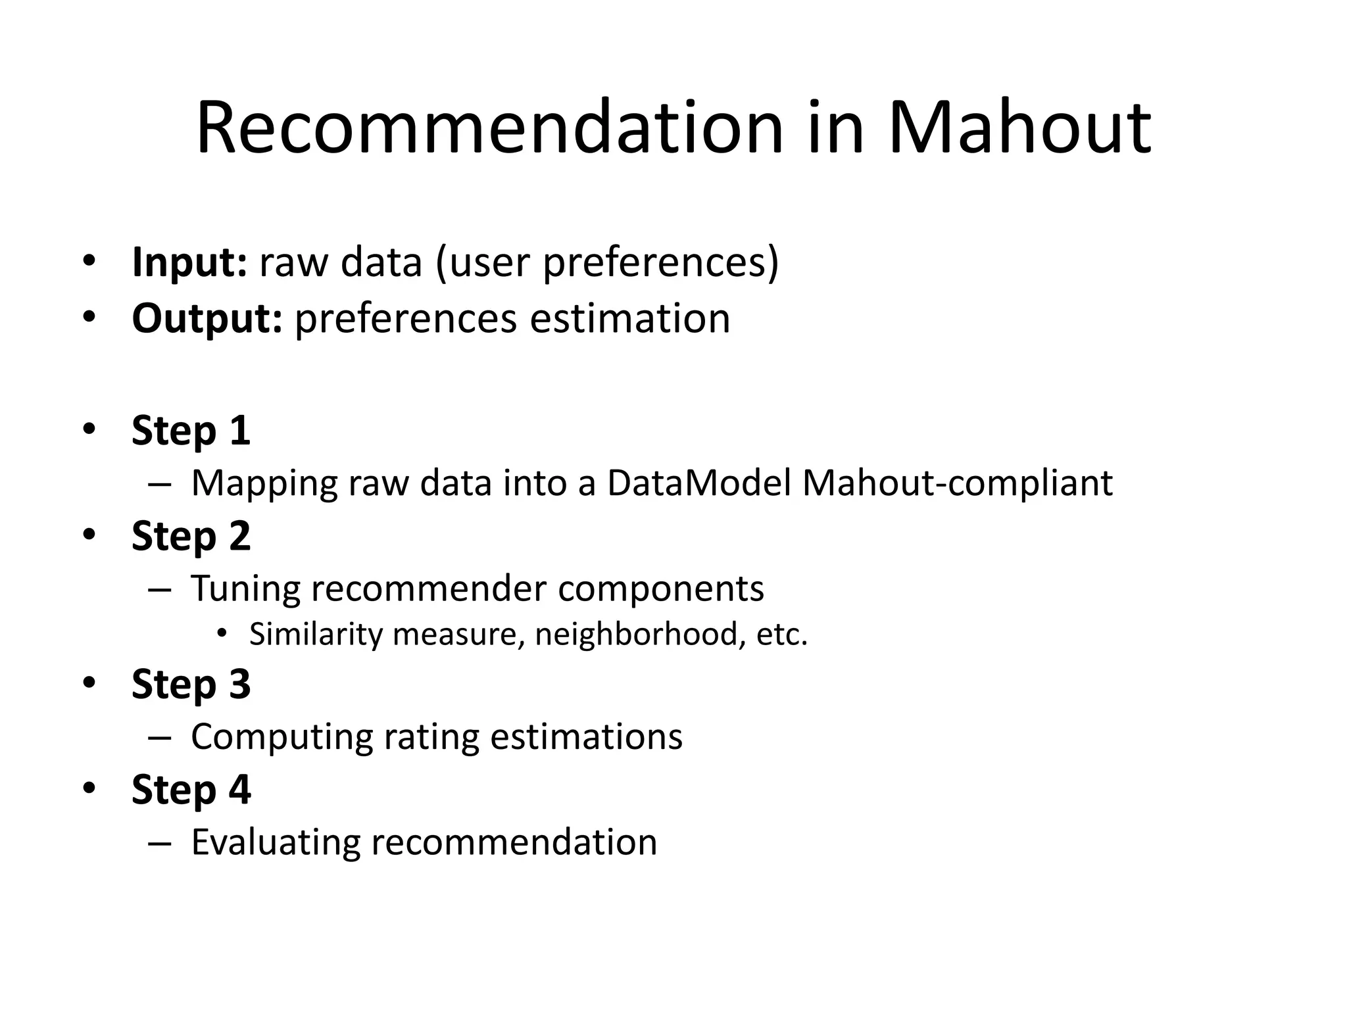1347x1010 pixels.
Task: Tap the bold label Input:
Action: click(189, 262)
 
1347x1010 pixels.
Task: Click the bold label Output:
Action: click(207, 318)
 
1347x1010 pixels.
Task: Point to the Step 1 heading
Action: click(191, 431)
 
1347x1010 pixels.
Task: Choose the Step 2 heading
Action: click(191, 535)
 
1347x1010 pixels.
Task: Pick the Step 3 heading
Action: click(191, 684)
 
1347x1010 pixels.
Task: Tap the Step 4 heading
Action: click(191, 789)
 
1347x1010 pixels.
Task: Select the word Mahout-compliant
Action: click(958, 483)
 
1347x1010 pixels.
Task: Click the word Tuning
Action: click(246, 588)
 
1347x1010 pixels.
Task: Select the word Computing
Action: click(281, 736)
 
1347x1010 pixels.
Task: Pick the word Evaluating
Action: click(276, 842)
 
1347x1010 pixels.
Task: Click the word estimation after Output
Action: click(630, 319)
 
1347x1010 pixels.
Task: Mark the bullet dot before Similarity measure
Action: click(222, 633)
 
